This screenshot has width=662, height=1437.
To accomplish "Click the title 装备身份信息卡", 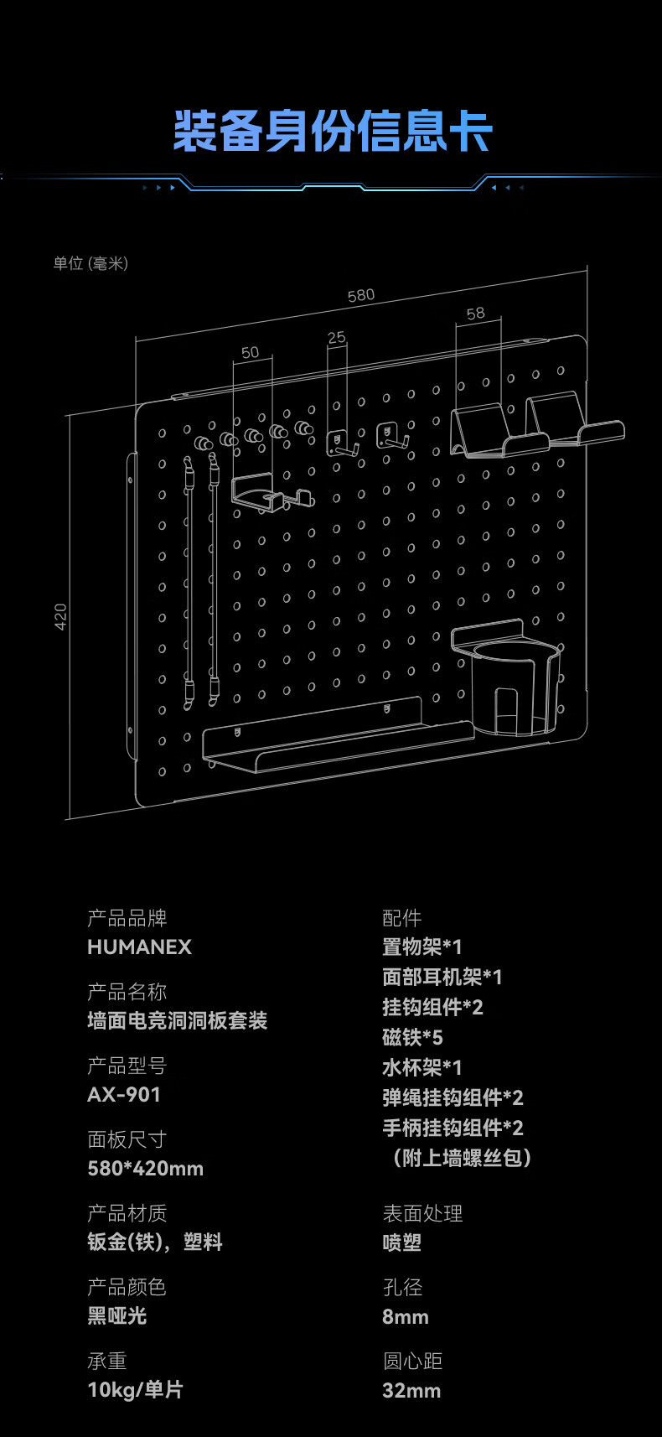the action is [333, 132].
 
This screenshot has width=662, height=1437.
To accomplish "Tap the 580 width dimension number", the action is [360, 295].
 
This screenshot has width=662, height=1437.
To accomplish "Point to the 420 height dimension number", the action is [60, 616].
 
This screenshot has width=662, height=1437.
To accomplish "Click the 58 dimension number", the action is [475, 313].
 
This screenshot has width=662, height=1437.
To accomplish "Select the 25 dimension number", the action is [336, 337].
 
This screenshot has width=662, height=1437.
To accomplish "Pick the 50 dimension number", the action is [251, 352].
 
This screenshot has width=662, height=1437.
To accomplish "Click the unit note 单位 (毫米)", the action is [91, 263].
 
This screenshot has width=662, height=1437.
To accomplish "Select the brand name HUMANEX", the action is [139, 947].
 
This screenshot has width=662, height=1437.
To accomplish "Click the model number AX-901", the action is [124, 1094].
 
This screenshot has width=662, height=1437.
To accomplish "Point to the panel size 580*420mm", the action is [146, 1168].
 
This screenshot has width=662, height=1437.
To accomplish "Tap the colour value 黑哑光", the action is [117, 1315].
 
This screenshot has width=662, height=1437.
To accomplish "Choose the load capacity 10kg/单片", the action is [136, 1389].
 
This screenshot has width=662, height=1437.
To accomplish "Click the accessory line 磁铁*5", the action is [412, 1037].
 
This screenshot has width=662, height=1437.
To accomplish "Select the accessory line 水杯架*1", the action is [422, 1067].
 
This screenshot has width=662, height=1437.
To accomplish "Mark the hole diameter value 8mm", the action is [406, 1317].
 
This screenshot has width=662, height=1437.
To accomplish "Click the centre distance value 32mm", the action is [411, 1391].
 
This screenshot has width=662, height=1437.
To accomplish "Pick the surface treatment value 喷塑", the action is [402, 1242].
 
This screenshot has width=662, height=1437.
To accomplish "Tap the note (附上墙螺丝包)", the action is [462, 1158].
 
